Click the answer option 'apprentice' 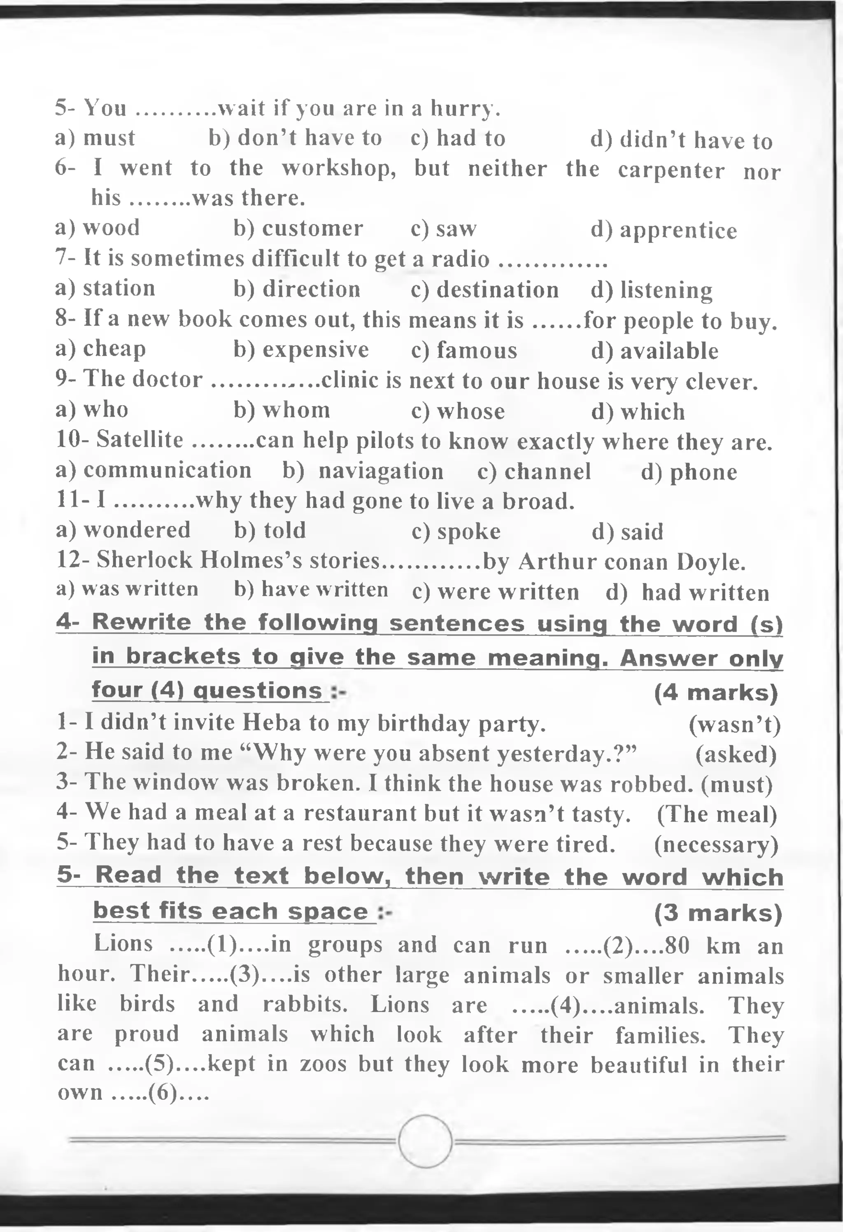point(678,231)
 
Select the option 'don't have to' point(310,138)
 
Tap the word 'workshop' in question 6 point(338,168)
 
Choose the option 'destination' point(498,290)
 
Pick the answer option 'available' point(669,351)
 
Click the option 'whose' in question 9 point(470,411)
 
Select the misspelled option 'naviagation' point(380,471)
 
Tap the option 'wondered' point(137,530)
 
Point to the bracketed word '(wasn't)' point(734,725)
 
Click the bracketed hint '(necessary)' point(716,845)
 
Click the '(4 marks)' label point(716,693)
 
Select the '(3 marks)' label point(718,913)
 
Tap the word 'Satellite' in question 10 point(140,440)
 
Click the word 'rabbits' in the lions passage point(305,1004)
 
